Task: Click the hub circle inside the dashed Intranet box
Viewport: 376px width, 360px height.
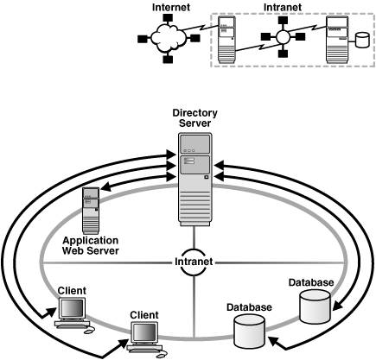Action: [281, 41]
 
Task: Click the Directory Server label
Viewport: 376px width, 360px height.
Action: [195, 118]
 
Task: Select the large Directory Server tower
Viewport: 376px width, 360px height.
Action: [195, 181]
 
